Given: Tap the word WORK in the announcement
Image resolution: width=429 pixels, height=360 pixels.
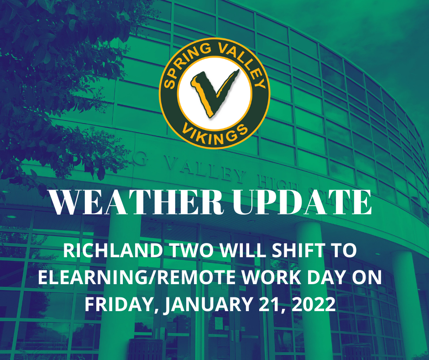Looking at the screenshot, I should (249, 278).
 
